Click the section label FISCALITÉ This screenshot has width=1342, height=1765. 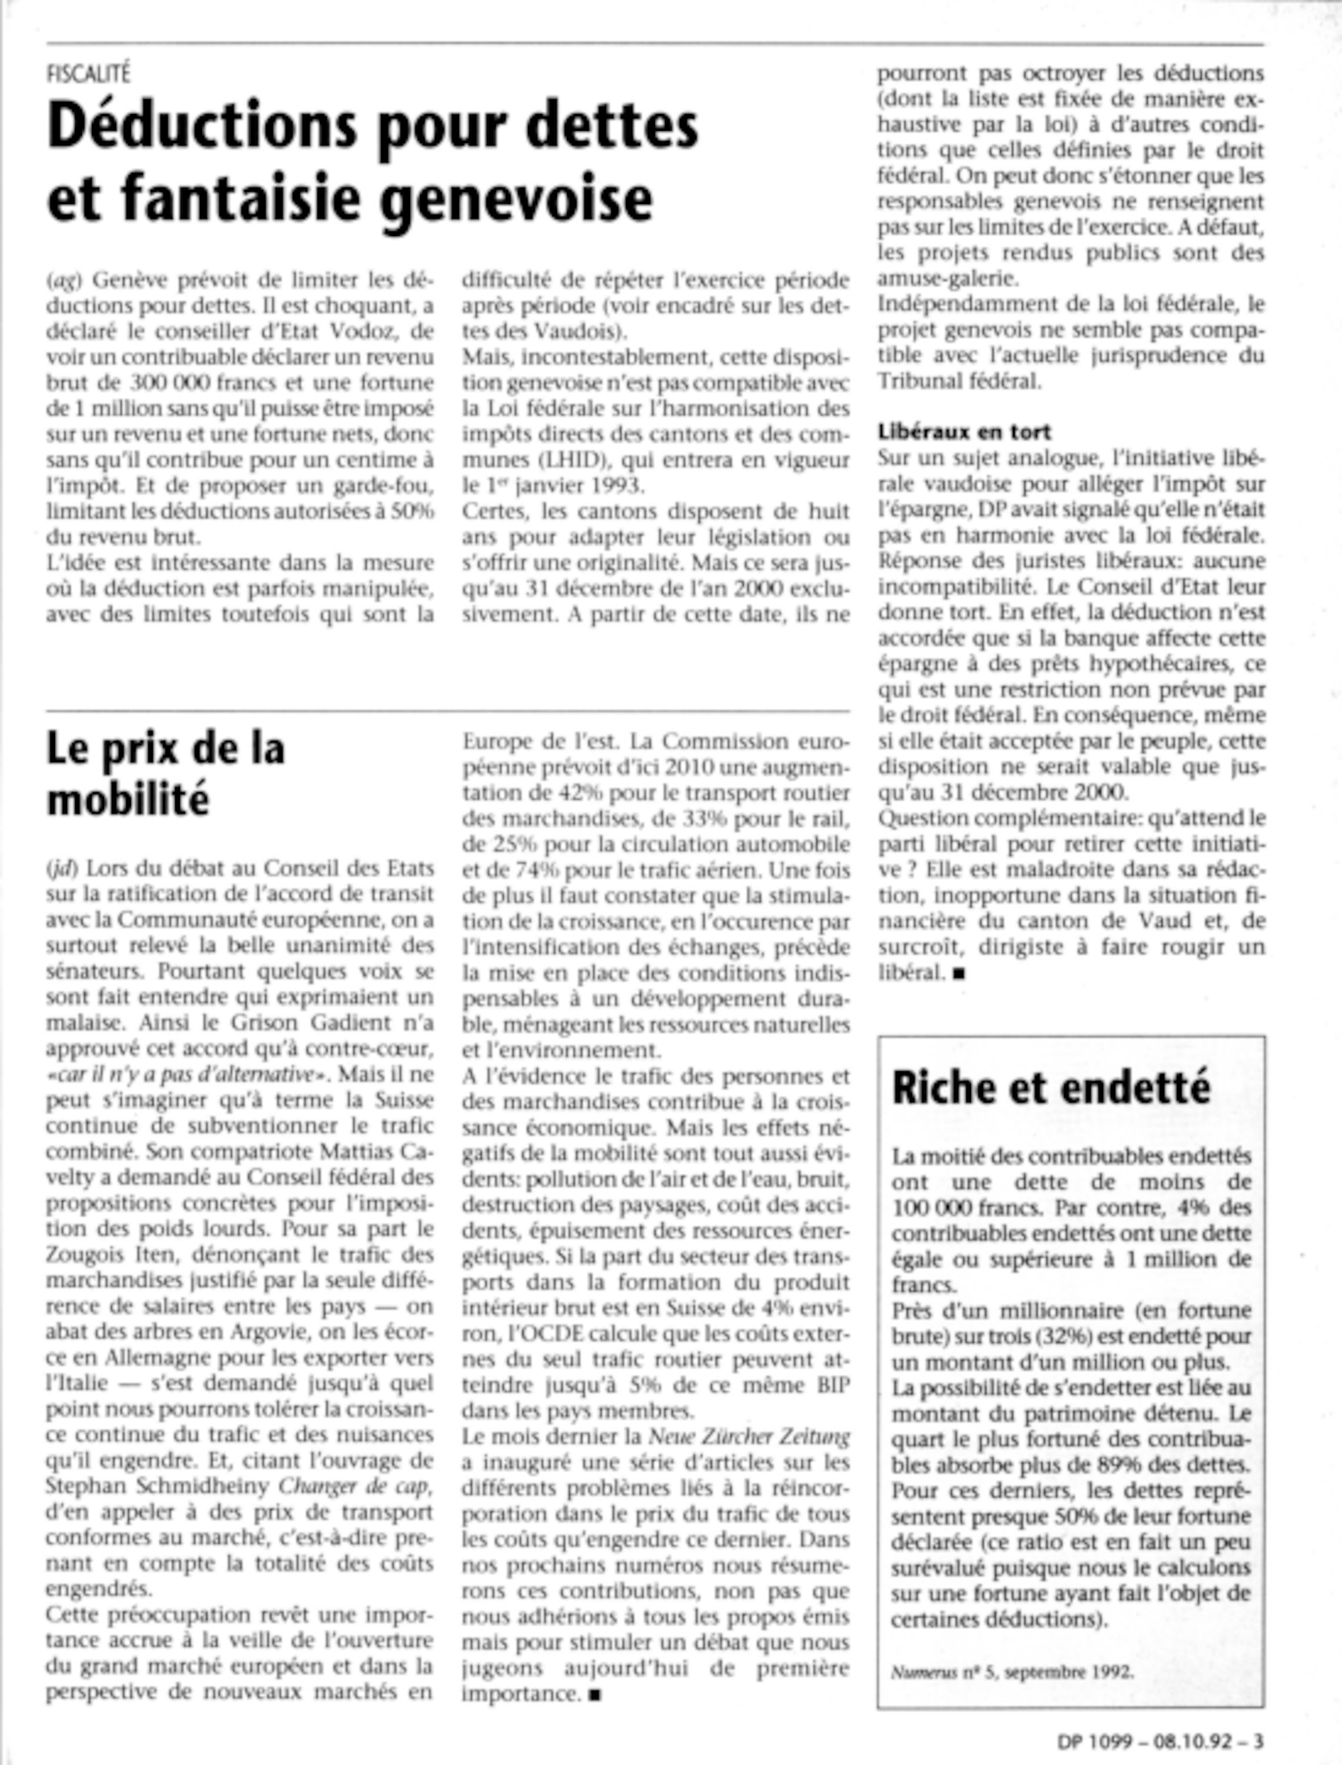pyautogui.click(x=88, y=74)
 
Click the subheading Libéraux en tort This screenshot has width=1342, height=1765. pyautogui.click(x=964, y=432)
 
